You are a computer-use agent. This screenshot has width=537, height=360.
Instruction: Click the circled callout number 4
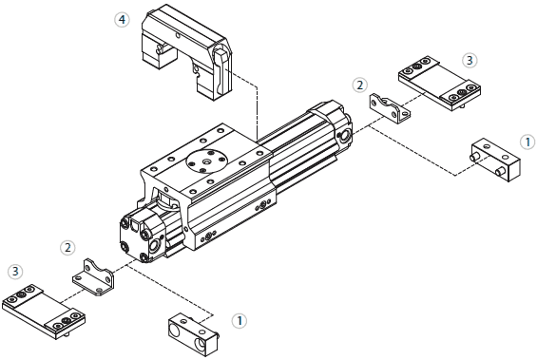pos(122,19)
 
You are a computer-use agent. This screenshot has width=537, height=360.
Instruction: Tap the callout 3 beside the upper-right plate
pos(470,59)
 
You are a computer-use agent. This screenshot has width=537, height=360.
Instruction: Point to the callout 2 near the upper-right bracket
pos(360,85)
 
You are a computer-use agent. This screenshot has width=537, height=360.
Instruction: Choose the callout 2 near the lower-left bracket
pos(67,248)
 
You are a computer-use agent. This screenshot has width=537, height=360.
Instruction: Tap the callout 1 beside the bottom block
pos(240,320)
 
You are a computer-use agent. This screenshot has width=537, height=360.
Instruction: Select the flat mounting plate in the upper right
pos(436,84)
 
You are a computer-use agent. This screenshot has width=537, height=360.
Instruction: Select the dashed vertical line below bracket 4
pos(259,109)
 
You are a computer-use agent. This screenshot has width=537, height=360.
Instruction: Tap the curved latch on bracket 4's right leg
pos(220,66)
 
